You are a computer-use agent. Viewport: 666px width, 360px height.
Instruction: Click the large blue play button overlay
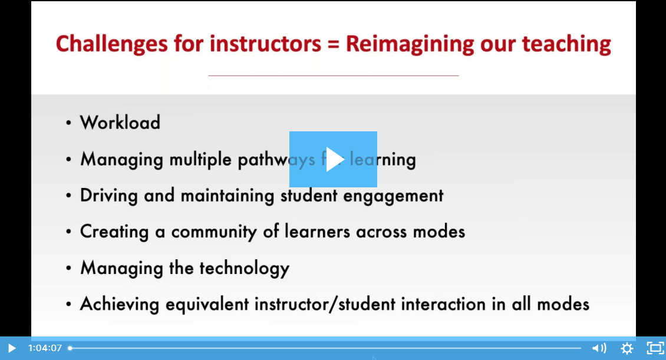(x=333, y=159)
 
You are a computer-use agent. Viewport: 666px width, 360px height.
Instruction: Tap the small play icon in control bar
(x=11, y=348)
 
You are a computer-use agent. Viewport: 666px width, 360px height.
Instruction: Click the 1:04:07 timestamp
(x=45, y=348)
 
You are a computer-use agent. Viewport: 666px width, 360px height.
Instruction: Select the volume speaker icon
(x=599, y=348)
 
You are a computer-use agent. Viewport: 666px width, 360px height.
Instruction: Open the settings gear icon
(x=627, y=348)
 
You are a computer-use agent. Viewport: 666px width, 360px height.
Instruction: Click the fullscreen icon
(x=655, y=348)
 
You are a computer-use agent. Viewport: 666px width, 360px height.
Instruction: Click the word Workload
(x=120, y=123)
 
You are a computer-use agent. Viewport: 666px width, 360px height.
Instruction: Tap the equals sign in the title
(x=333, y=45)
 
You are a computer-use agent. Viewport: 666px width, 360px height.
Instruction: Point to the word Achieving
(x=120, y=305)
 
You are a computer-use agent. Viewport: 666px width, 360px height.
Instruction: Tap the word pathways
(x=276, y=160)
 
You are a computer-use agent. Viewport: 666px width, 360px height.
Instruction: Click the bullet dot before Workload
(x=69, y=123)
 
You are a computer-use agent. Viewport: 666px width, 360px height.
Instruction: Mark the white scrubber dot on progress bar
(x=70, y=348)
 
